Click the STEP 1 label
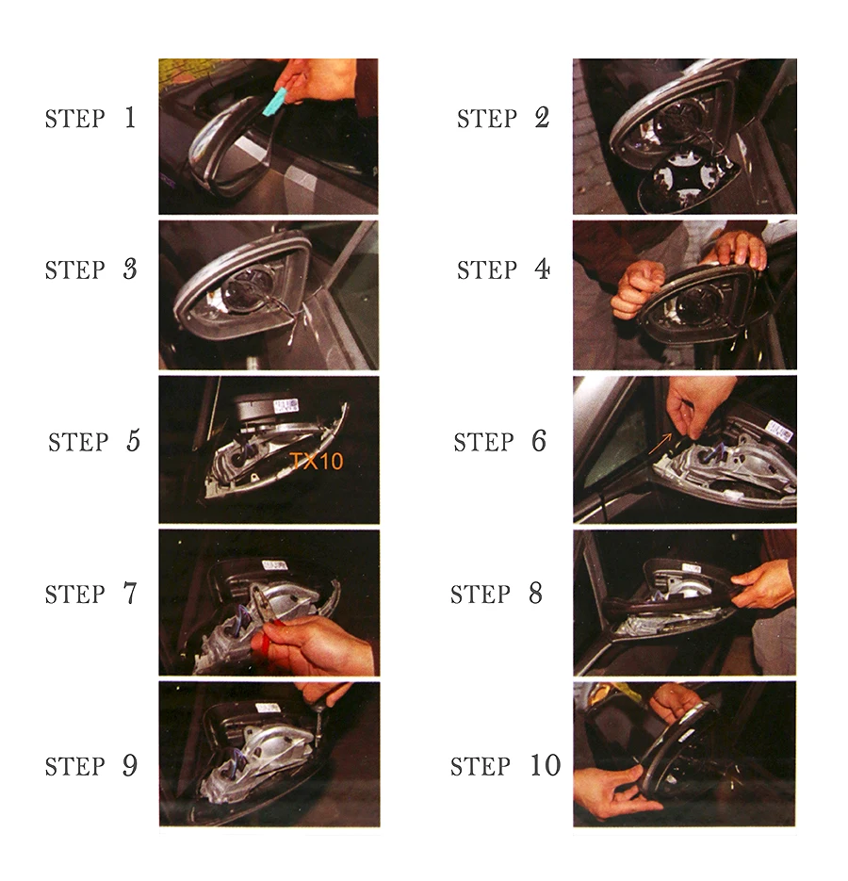coord(90,118)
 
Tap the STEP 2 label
coord(503,118)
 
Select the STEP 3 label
coord(91,269)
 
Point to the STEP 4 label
coord(503,269)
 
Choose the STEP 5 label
coord(94,442)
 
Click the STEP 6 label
coord(500,442)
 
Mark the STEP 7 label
coord(91,594)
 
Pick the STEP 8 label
coord(497,594)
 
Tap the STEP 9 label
coord(91,766)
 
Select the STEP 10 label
coord(506,766)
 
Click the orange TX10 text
coord(317,462)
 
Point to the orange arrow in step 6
coord(660,443)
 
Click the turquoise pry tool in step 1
coord(275,103)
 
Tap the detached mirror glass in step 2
coord(687,181)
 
